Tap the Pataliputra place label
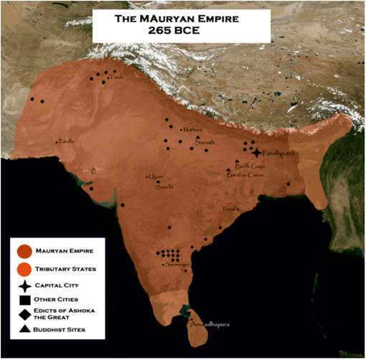tap(278, 153)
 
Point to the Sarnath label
tap(205, 142)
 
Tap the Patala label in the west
tap(66, 141)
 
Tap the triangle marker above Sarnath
tap(194, 136)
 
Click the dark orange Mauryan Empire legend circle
tap(24, 252)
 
